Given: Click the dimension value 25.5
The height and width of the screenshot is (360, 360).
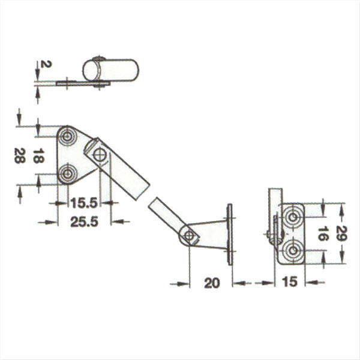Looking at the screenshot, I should point(85,222).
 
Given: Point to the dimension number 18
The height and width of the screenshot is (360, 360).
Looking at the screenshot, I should point(38,156).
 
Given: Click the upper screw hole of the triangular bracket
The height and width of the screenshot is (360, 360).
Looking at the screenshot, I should point(67,137).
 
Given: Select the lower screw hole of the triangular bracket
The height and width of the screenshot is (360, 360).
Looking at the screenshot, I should point(67,175).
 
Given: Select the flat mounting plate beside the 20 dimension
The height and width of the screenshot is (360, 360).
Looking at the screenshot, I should point(230,234).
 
